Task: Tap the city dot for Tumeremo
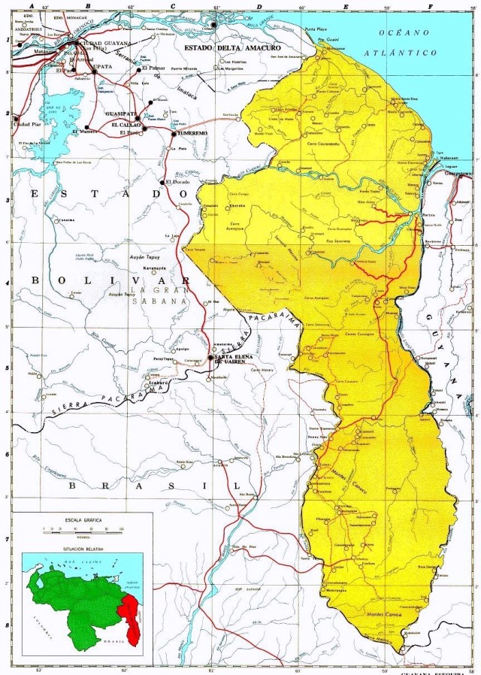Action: point(174,133)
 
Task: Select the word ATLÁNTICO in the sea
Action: point(399,53)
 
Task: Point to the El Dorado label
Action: point(180,182)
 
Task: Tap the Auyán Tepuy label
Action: point(146,256)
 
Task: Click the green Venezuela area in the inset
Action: point(75,601)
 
